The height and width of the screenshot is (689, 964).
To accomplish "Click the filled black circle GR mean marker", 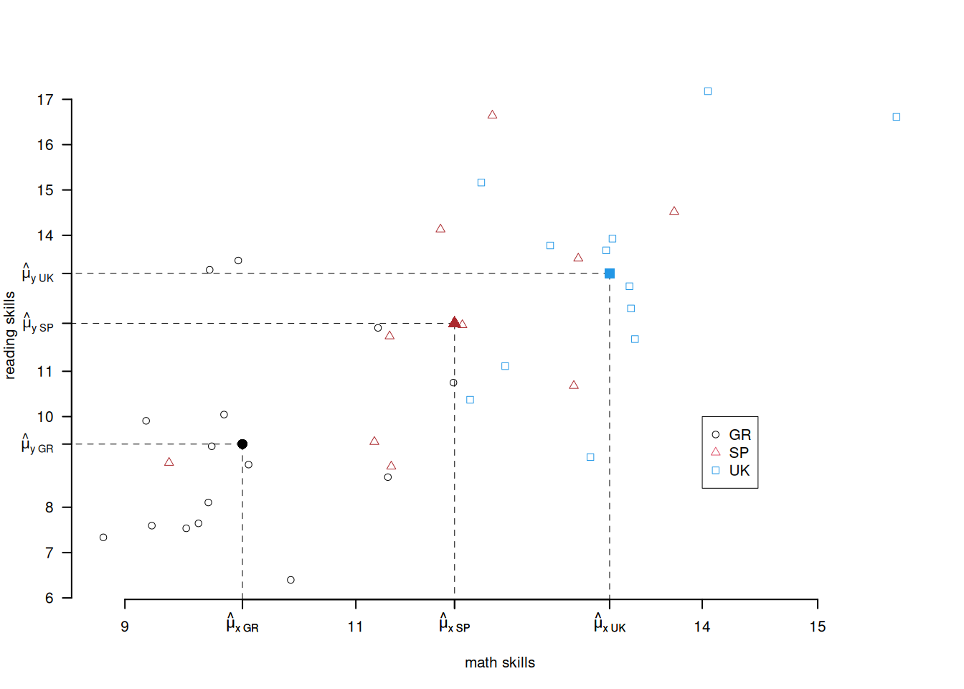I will coord(242,444).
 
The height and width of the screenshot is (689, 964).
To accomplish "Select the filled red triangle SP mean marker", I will coord(454,323).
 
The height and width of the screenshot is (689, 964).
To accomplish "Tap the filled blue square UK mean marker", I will coord(610,273).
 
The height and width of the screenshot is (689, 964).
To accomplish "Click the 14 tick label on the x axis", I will coord(702,627).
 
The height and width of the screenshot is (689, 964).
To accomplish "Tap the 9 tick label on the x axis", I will coord(125,627).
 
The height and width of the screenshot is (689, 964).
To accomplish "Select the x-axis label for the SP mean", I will coord(455,624).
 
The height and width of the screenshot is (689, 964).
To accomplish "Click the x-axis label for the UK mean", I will coord(610,624).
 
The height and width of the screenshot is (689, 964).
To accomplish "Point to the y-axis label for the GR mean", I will coord(37,445).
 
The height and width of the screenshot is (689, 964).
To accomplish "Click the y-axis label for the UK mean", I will coord(38,274).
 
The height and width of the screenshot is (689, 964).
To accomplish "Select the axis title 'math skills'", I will coord(500,662).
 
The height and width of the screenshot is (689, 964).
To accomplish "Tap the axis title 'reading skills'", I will coord(10,335).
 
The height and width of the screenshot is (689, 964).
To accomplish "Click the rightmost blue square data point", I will coord(897,117).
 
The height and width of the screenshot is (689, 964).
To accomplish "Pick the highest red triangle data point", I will coord(492,115).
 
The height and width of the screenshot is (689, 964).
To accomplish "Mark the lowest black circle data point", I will coord(290,580).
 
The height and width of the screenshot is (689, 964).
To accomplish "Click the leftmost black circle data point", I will coord(103,538).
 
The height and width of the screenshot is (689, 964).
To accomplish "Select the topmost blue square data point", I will coord(708,91).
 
